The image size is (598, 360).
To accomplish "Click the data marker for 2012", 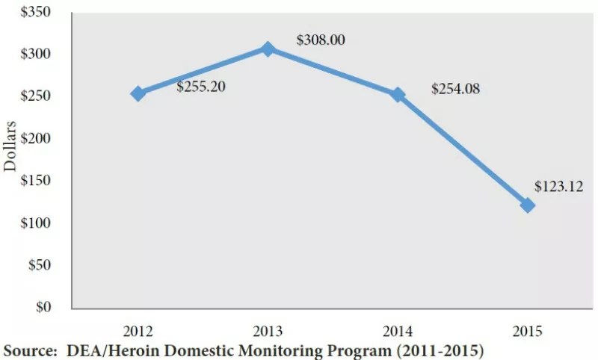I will click(138, 94).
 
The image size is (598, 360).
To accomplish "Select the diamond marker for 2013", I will click(268, 49).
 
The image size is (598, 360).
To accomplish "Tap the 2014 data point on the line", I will click(398, 95).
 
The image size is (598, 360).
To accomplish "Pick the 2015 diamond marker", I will click(528, 205).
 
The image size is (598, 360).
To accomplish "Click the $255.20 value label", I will click(201, 87).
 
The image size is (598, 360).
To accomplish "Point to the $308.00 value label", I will click(321, 40).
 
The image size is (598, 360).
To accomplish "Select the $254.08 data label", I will click(455, 89).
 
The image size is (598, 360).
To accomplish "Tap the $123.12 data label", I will click(558, 186).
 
